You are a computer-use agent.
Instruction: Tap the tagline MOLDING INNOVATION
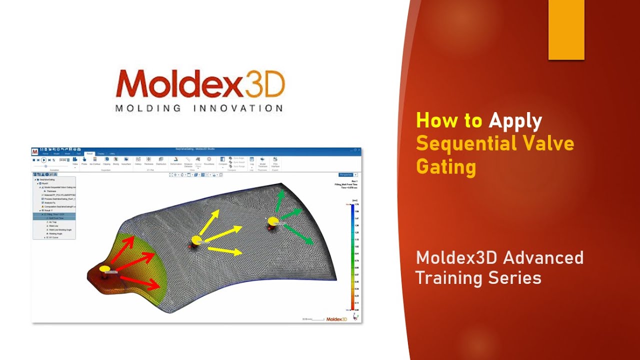pos(199,108)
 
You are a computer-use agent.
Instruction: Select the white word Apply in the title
pos(515,121)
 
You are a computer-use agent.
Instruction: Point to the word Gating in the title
pos(446,166)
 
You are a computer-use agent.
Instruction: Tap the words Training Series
pos(478,277)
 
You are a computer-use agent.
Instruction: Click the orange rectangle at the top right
pos(566,30)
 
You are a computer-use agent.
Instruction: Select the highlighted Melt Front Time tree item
pos(56,218)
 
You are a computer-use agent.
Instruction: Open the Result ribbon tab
pos(89,154)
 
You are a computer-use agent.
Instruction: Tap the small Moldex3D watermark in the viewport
pos(336,319)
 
